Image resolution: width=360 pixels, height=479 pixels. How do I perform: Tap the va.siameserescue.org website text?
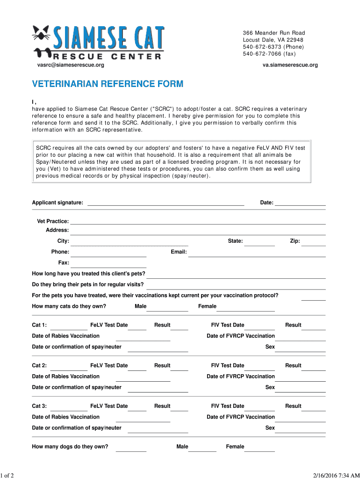290,65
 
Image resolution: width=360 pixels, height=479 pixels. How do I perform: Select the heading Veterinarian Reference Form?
108,84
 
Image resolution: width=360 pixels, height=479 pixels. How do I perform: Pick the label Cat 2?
39,366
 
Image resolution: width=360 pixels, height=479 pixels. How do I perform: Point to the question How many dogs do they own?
70,447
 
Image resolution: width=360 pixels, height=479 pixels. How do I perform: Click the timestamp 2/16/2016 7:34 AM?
331,475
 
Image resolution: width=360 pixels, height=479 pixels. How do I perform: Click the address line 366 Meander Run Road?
274,33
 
